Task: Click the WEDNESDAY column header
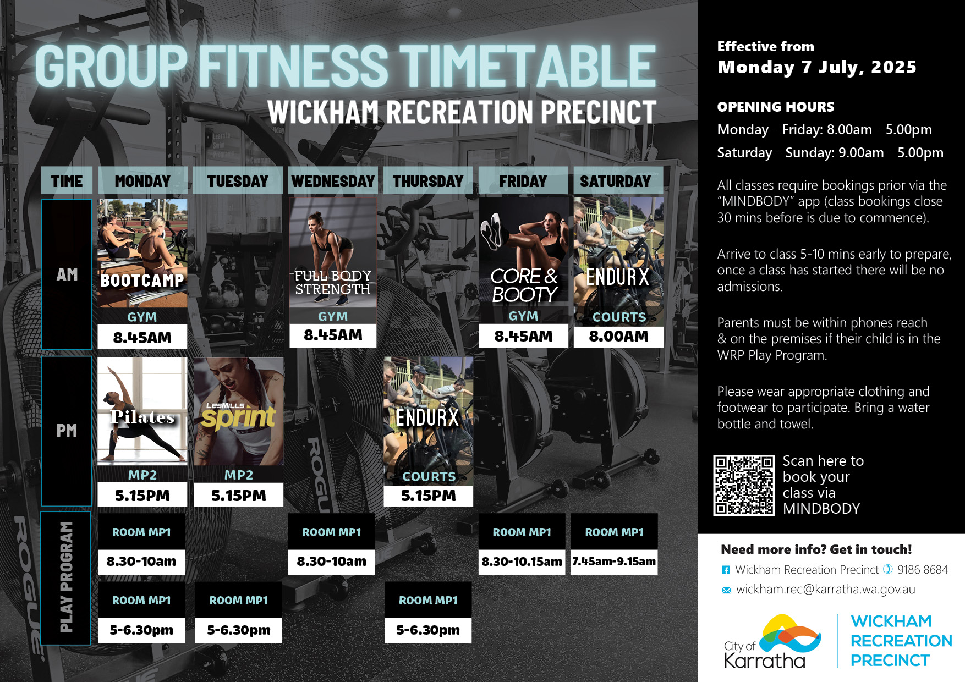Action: tap(333, 181)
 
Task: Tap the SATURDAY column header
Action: tap(615, 181)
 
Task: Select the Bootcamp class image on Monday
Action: tap(142, 253)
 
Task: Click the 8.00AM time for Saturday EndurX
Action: tap(618, 336)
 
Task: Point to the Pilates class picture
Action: tap(142, 411)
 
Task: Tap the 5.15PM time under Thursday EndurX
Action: tap(428, 496)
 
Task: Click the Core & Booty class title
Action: tap(524, 285)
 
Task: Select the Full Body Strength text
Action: tap(333, 282)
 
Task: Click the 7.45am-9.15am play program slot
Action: tap(614, 562)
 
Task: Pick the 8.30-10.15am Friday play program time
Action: tap(522, 562)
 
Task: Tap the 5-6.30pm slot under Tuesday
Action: tap(238, 630)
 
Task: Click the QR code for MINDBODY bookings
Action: tap(744, 485)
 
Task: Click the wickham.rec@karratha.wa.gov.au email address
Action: tap(825, 590)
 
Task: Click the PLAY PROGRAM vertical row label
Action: tap(66, 577)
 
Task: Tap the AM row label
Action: tap(67, 274)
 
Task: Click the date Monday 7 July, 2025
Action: tap(817, 67)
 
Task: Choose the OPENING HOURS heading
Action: tap(775, 107)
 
